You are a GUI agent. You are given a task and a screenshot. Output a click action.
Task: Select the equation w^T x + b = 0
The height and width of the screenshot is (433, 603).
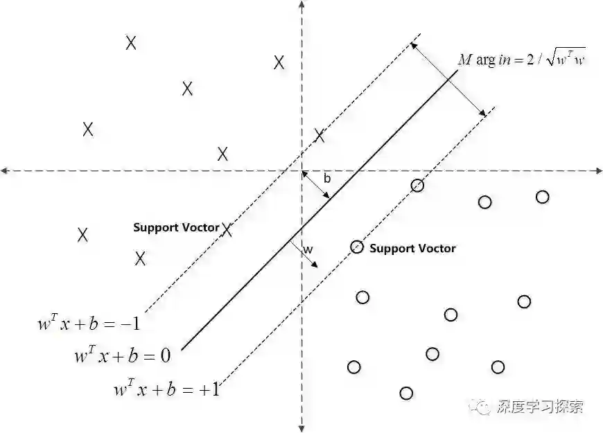coord(122,356)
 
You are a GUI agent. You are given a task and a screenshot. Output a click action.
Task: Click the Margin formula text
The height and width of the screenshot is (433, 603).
coord(521,60)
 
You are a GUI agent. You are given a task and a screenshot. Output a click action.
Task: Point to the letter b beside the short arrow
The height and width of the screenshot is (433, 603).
coord(327,179)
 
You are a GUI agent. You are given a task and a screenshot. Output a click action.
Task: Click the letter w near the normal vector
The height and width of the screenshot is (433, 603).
coord(308,249)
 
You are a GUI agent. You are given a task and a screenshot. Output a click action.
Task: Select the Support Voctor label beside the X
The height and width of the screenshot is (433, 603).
coord(176,227)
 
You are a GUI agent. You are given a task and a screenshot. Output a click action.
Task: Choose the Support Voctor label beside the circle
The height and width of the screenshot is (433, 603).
coord(412,248)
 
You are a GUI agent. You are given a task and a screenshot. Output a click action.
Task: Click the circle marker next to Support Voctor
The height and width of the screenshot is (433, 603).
coord(357,247)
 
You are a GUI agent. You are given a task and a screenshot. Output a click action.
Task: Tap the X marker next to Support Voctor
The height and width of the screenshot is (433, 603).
coord(227,229)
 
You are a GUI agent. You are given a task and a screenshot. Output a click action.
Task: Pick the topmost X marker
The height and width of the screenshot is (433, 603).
coord(131,43)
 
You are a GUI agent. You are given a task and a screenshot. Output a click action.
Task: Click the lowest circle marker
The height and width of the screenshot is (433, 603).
coord(406,394)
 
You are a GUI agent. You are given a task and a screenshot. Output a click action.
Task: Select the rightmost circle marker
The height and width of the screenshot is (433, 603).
coord(543,197)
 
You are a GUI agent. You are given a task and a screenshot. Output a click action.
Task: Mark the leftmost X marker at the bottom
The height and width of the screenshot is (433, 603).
coord(82,234)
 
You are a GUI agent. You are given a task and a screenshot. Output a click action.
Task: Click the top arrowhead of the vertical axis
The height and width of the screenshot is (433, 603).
coord(301,6)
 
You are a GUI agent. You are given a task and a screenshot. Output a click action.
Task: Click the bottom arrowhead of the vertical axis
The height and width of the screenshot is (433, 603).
coord(301,427)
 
